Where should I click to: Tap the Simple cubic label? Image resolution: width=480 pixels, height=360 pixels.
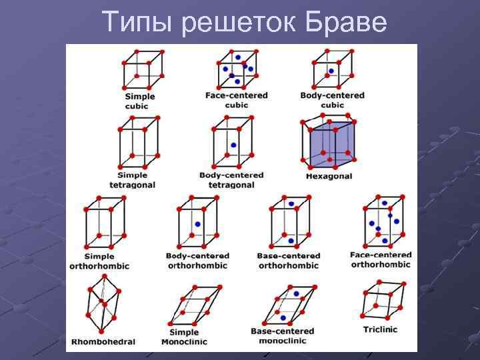[139, 101]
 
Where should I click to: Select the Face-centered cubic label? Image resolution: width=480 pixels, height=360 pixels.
[236, 100]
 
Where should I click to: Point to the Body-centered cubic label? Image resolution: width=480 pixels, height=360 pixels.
[332, 100]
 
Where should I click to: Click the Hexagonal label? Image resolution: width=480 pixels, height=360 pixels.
[329, 177]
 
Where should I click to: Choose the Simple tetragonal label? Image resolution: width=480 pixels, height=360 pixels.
[132, 180]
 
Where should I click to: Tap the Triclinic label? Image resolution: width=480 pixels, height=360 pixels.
[380, 330]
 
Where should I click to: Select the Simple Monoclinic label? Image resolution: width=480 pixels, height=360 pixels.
[184, 337]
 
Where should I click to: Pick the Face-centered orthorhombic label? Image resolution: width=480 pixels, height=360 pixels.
[381, 259]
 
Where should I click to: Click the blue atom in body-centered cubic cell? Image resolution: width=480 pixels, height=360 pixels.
[331, 71]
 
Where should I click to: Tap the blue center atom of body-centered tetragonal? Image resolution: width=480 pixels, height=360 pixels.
[233, 145]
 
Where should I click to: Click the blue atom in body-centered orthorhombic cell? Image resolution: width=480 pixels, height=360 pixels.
[197, 225]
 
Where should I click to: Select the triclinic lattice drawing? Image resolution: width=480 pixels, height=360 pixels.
[381, 301]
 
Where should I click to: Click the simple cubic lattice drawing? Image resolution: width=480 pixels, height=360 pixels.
[141, 69]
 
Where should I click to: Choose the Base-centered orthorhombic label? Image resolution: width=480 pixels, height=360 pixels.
[288, 261]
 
